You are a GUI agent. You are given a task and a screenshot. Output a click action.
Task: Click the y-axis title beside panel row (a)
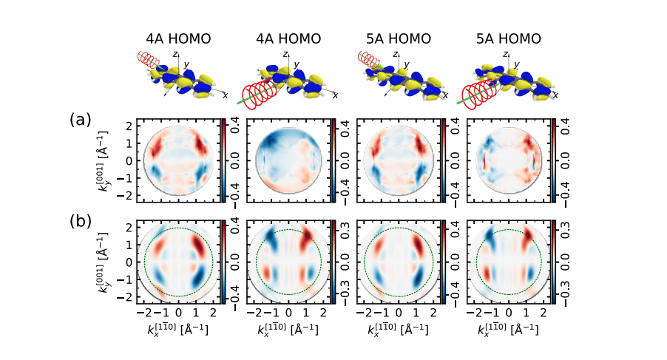[x=103, y=160]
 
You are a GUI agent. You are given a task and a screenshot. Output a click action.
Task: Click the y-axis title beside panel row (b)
[x=103, y=262]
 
